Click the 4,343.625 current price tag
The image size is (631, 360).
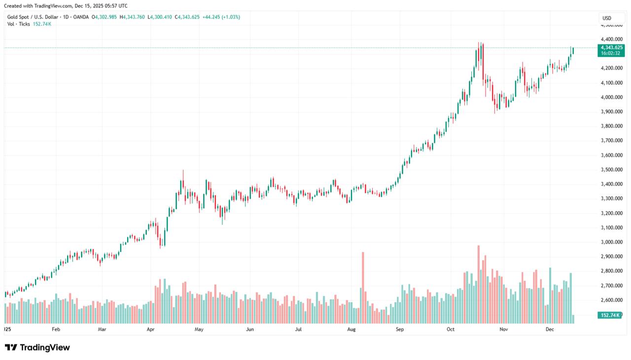tap(611, 47)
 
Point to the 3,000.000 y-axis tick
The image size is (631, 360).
tap(611, 242)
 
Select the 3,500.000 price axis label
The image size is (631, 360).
tap(611, 170)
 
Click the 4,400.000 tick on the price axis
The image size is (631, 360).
tap(611, 39)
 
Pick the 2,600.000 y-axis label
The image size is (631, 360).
tap(611, 300)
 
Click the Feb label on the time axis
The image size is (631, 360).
tap(56, 329)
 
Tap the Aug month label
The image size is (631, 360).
tap(351, 329)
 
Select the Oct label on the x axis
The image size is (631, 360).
tap(451, 329)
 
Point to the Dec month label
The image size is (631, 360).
tap(550, 329)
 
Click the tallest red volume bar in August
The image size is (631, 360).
tap(363, 286)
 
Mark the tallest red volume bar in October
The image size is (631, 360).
tap(478, 284)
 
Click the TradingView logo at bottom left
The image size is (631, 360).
tap(37, 348)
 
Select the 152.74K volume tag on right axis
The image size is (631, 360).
tap(610, 315)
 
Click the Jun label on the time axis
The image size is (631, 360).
tap(250, 329)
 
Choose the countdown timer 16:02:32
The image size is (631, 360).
tap(611, 53)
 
